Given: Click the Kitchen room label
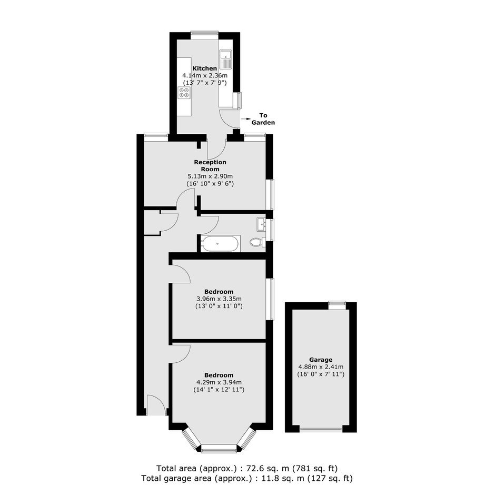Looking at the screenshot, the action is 204,68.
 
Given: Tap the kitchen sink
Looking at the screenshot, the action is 226,59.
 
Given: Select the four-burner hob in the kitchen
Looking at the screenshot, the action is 184,93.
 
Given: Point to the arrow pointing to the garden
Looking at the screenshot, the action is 245,119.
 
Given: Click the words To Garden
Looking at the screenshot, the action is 263,119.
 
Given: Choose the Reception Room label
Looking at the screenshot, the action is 210,165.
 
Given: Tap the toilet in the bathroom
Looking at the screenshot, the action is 258,242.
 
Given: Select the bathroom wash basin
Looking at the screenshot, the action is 261,224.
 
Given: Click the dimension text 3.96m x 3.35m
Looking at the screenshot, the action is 219,299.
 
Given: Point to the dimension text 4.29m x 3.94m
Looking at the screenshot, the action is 219,382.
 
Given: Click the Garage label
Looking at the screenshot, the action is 321,360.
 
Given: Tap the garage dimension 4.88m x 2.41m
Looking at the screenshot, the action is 321,367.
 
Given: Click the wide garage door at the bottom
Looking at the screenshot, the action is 321,429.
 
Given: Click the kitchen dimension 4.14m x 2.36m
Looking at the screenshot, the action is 205,75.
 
